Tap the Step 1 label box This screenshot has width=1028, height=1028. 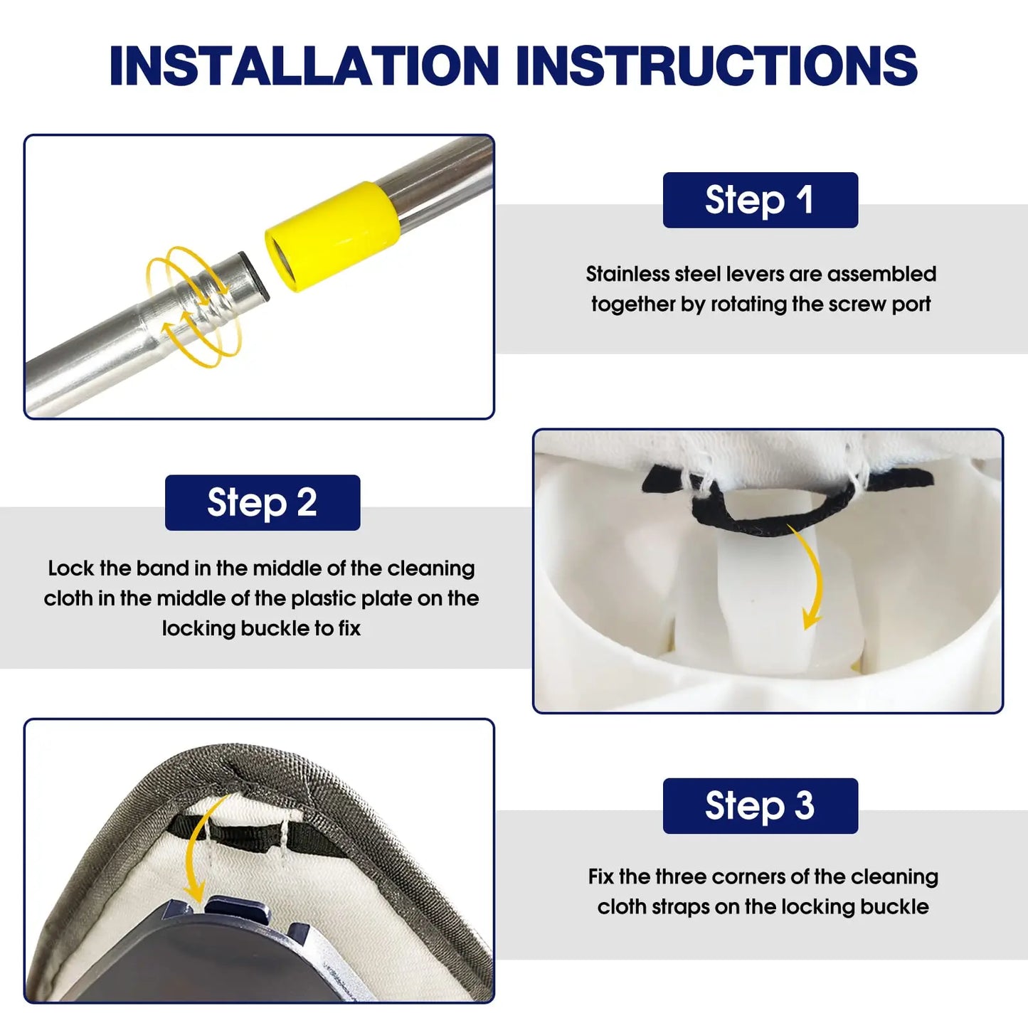click(761, 200)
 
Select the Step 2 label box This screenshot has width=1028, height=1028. click(263, 502)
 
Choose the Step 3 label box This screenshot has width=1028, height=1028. click(761, 806)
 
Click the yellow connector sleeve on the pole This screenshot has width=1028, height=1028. click(332, 236)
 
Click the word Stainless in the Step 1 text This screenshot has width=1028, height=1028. click(627, 274)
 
